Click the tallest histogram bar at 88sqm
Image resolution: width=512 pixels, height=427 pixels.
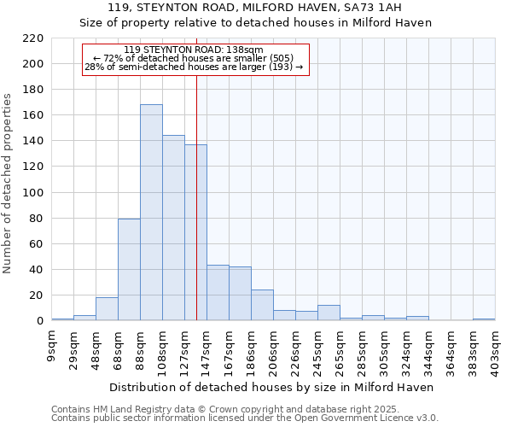coord(151,213)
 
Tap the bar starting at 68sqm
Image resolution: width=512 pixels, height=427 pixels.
coord(129,270)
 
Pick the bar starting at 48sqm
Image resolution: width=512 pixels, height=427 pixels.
coord(107,309)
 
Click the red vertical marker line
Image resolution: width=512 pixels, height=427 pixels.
coord(197,196)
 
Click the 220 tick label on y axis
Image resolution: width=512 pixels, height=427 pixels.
coord(34,38)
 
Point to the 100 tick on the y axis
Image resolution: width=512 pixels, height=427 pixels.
coord(34,193)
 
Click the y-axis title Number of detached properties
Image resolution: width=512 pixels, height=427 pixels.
coord(9,184)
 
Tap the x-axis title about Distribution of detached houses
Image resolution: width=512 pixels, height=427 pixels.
coord(272,387)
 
